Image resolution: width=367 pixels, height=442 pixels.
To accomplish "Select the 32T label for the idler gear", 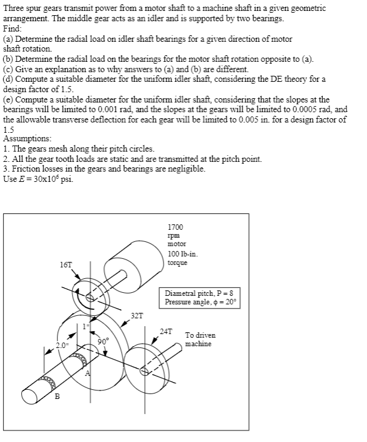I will [x=137, y=316].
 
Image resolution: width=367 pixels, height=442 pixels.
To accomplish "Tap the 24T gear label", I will [x=166, y=331].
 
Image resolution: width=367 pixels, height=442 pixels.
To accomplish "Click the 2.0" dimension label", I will [x=62, y=345].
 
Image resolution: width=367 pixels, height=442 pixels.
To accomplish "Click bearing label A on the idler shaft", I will [x=87, y=373].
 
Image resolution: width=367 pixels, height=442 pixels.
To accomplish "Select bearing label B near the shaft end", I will [x=58, y=397].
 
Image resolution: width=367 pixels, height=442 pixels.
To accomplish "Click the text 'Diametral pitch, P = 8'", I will [x=199, y=293].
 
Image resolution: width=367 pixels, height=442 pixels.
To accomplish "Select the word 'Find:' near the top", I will [x=13, y=28].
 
